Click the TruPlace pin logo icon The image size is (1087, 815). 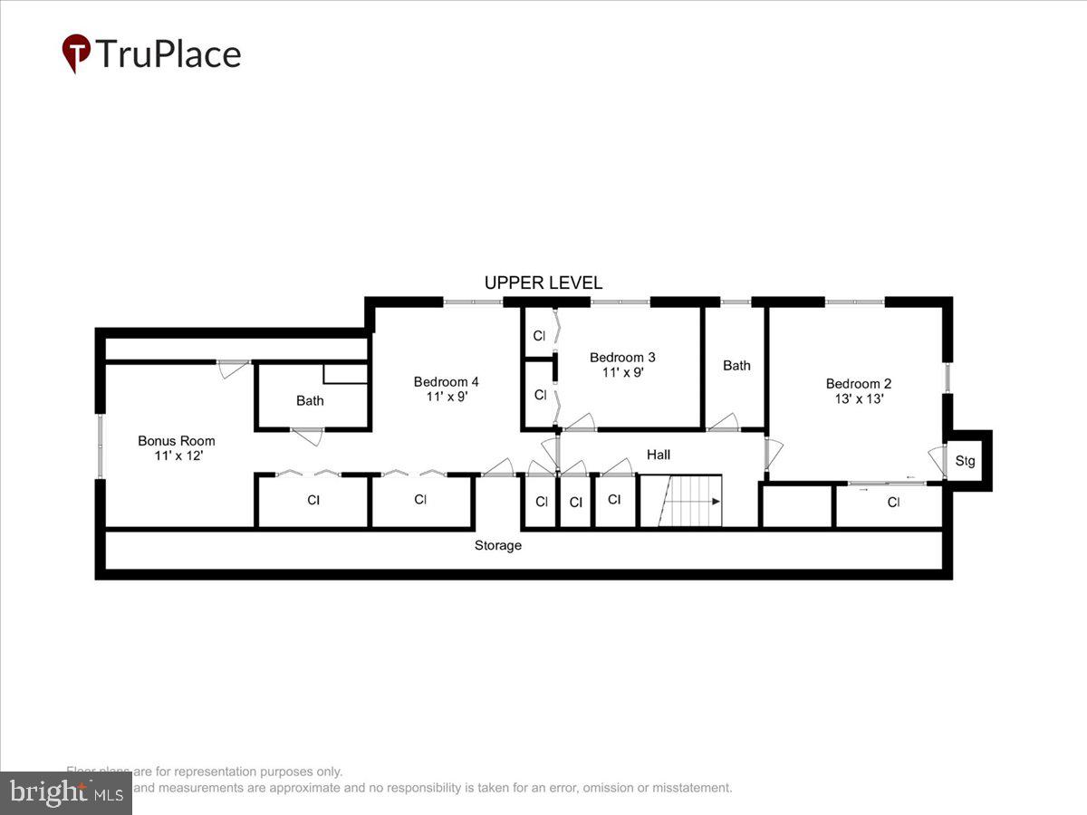pyautogui.click(x=76, y=53)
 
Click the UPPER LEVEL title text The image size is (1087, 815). pyautogui.click(x=543, y=283)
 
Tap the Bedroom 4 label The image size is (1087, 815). pyautogui.click(x=441, y=382)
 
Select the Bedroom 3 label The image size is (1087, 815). pyautogui.click(x=622, y=357)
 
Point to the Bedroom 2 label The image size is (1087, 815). pyautogui.click(x=859, y=383)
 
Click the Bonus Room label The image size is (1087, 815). pyautogui.click(x=177, y=441)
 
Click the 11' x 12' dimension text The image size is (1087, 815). pyautogui.click(x=178, y=456)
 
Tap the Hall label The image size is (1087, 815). pyautogui.click(x=659, y=455)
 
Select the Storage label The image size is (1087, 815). pyautogui.click(x=498, y=545)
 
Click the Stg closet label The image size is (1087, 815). pyautogui.click(x=966, y=462)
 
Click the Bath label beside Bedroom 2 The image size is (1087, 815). pyautogui.click(x=736, y=366)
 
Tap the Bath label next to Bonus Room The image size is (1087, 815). pyautogui.click(x=310, y=400)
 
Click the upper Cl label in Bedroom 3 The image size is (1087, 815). pyautogui.click(x=539, y=336)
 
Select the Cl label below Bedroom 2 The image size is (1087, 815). pyautogui.click(x=893, y=503)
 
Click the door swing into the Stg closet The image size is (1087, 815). pyautogui.click(x=936, y=460)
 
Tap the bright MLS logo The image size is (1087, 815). pyautogui.click(x=66, y=792)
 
